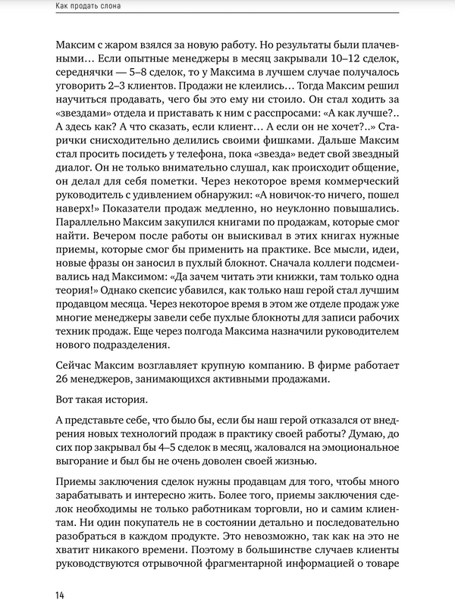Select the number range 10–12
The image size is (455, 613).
point(317,56)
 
